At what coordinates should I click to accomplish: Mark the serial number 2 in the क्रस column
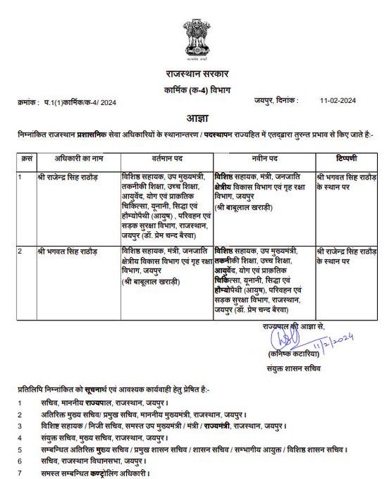tap(22, 250)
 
